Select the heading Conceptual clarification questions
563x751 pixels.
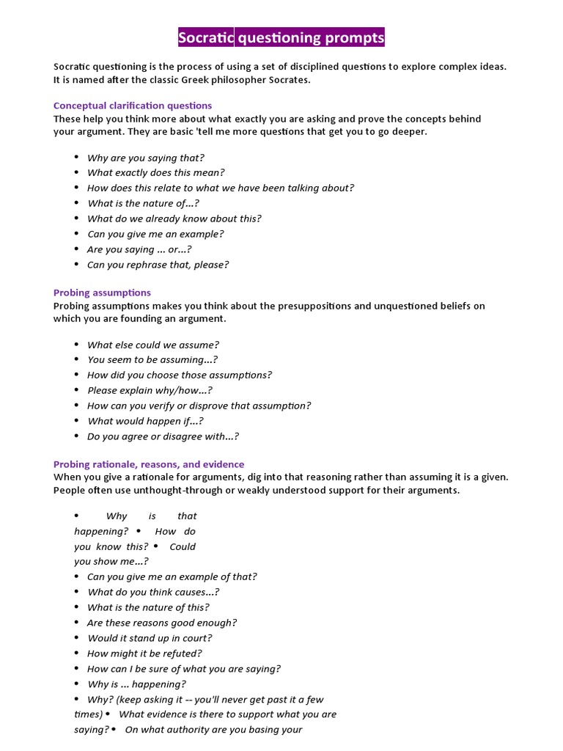point(133,106)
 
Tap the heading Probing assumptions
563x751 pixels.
point(102,293)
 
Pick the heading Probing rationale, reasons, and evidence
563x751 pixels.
point(149,464)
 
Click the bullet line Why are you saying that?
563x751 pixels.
point(145,158)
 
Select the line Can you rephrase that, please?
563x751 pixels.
point(158,265)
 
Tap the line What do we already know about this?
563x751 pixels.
point(174,219)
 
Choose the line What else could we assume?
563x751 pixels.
point(152,345)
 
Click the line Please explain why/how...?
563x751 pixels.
point(150,391)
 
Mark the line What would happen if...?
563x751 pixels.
point(145,421)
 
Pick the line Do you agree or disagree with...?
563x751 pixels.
point(163,436)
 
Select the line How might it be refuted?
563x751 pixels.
point(144,653)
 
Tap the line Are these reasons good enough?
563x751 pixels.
point(162,623)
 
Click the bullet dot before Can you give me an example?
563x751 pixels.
point(76,234)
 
